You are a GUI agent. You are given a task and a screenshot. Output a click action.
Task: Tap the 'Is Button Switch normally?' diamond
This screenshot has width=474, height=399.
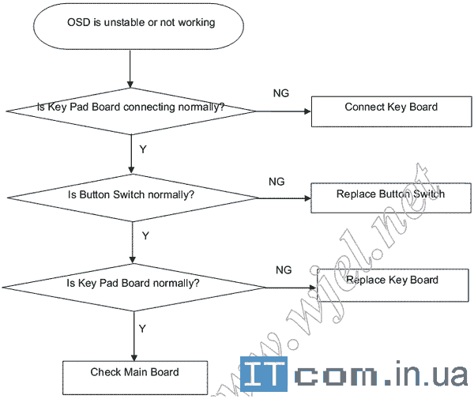(x=133, y=194)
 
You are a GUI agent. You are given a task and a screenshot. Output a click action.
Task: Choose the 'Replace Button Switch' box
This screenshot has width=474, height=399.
(x=390, y=198)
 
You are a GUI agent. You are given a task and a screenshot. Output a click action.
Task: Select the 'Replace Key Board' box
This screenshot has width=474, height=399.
(x=392, y=284)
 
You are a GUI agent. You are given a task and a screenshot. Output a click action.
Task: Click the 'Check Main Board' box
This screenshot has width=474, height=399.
(x=134, y=376)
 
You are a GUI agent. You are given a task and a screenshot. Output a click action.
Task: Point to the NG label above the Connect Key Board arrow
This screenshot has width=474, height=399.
(x=280, y=93)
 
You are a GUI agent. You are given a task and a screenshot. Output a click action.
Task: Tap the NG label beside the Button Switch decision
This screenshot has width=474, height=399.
(x=276, y=181)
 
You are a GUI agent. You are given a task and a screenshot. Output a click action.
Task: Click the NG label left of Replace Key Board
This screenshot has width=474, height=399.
(x=284, y=269)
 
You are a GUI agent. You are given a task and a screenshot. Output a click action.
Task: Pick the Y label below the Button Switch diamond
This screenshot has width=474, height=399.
(x=145, y=235)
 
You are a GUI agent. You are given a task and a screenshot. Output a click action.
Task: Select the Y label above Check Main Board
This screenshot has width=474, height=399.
(x=142, y=327)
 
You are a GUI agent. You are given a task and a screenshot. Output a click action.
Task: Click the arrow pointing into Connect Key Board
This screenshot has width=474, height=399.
(x=284, y=111)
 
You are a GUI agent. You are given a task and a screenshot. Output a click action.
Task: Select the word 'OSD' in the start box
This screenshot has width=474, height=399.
(x=79, y=22)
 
